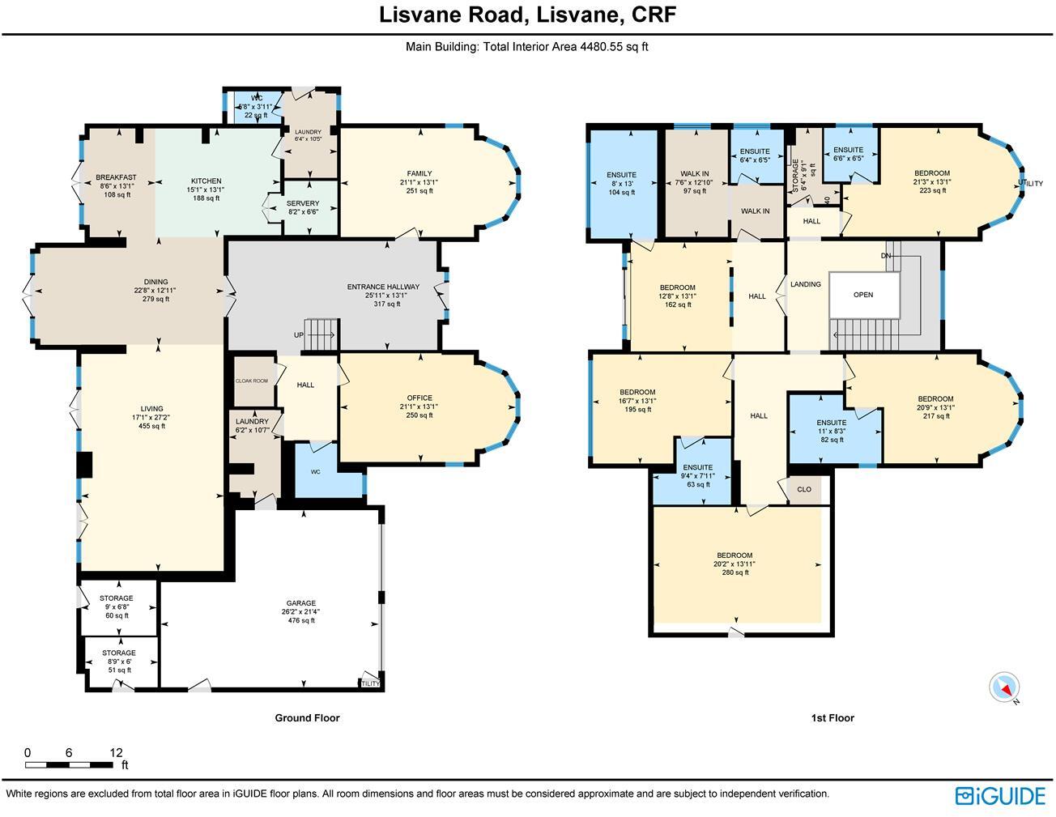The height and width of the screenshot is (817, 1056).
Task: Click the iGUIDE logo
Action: point(1000,796)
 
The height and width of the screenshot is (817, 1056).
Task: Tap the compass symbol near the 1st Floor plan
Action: point(1005,687)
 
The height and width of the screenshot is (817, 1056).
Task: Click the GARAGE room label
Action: point(300,603)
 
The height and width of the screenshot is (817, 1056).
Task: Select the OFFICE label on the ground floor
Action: point(419,398)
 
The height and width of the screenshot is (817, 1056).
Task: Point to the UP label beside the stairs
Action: point(299,334)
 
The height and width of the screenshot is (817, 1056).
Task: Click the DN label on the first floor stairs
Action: point(886,256)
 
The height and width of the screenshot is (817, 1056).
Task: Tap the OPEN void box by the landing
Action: point(863,295)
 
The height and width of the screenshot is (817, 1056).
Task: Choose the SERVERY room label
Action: point(303,203)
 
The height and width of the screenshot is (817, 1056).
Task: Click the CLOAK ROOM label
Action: point(251,381)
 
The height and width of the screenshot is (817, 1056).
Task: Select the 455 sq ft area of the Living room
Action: point(151,426)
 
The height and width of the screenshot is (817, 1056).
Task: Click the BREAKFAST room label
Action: point(116,177)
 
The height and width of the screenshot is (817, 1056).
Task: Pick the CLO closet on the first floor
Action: point(804,489)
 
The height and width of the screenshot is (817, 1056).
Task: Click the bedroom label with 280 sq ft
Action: point(735,555)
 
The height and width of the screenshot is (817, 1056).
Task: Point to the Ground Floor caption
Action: point(307,717)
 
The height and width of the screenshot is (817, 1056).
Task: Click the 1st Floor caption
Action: point(832,717)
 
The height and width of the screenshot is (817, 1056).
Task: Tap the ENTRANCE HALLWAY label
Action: point(383,287)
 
